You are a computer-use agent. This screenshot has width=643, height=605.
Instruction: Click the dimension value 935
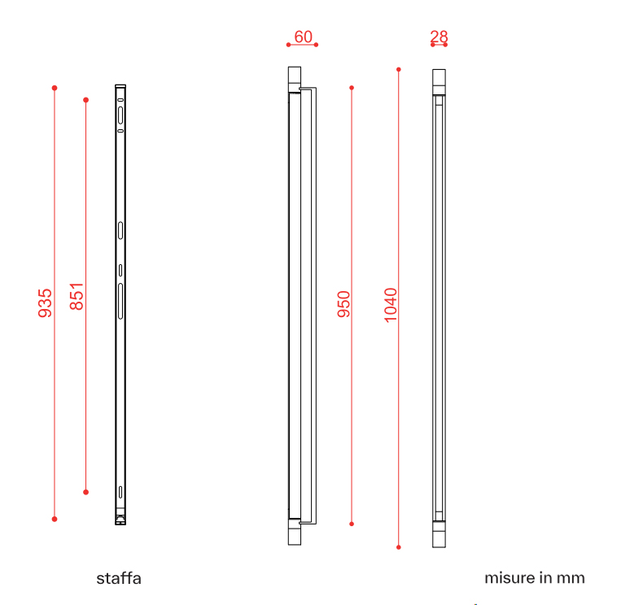pos(45,303)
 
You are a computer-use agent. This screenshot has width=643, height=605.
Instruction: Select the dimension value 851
pos(77,296)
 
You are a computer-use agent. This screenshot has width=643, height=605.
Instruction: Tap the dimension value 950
pos(343,304)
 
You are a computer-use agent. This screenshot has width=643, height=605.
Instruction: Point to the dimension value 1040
pos(391,305)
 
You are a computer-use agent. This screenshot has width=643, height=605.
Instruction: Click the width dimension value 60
pos(303,37)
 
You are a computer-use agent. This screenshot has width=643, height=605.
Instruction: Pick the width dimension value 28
pos(439,37)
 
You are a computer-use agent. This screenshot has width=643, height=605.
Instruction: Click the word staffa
pos(119,578)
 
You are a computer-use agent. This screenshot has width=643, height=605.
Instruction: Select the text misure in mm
pos(535,578)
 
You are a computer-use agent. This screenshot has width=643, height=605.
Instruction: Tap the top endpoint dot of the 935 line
pos(55,88)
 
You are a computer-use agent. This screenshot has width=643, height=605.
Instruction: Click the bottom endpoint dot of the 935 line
pos(55,519)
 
